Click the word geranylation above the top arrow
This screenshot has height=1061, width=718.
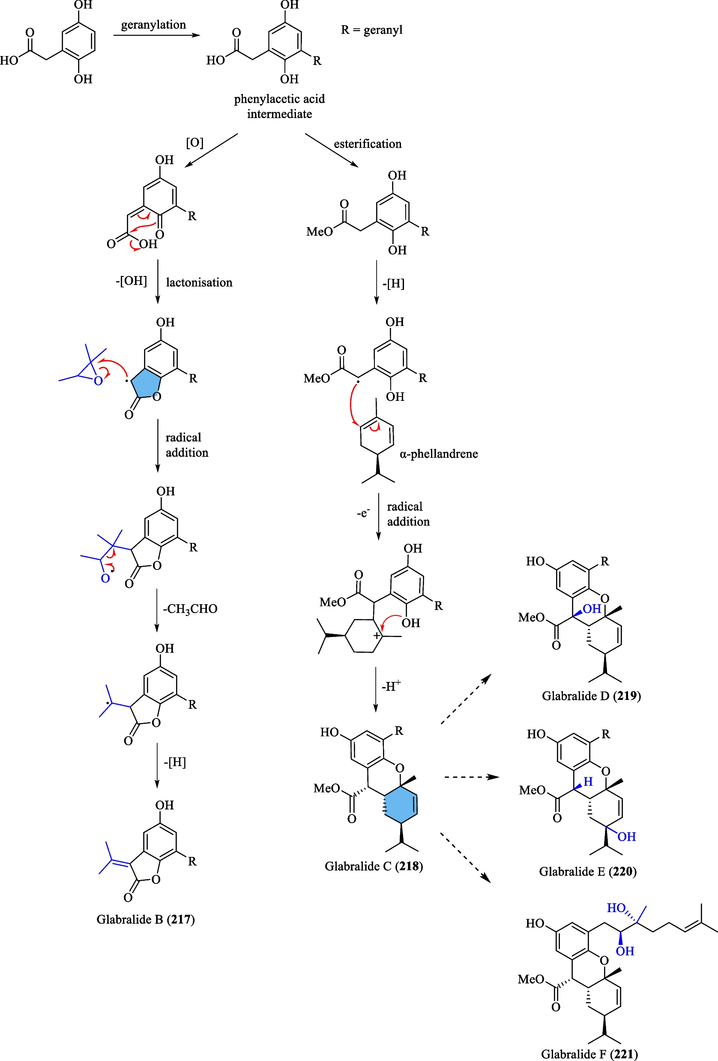pyautogui.click(x=153, y=25)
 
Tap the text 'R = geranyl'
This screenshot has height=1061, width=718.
pyautogui.click(x=371, y=30)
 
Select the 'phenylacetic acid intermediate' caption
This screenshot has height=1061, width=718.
pyautogui.click(x=279, y=107)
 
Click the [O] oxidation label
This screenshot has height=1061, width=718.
pyautogui.click(x=194, y=143)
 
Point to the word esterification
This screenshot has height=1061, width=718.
pyautogui.click(x=368, y=144)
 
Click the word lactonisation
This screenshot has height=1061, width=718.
pyautogui.click(x=199, y=283)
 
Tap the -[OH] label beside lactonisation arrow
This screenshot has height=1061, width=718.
pyautogui.click(x=131, y=281)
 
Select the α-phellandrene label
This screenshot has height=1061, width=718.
pyautogui.click(x=439, y=454)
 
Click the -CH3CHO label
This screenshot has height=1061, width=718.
pyautogui.click(x=190, y=609)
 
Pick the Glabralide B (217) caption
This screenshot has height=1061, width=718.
pyautogui.click(x=145, y=919)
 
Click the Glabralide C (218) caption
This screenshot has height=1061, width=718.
pyautogui.click(x=374, y=866)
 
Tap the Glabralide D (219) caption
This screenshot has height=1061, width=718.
pyautogui.click(x=591, y=696)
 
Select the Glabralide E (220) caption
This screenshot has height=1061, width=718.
pyautogui.click(x=587, y=871)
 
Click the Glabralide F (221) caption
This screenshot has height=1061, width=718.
pyautogui.click(x=589, y=1054)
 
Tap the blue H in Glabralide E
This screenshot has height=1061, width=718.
pyautogui.click(x=588, y=782)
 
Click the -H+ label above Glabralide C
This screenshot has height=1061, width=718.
pyautogui.click(x=391, y=686)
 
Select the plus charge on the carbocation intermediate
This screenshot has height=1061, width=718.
pyautogui.click(x=377, y=635)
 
